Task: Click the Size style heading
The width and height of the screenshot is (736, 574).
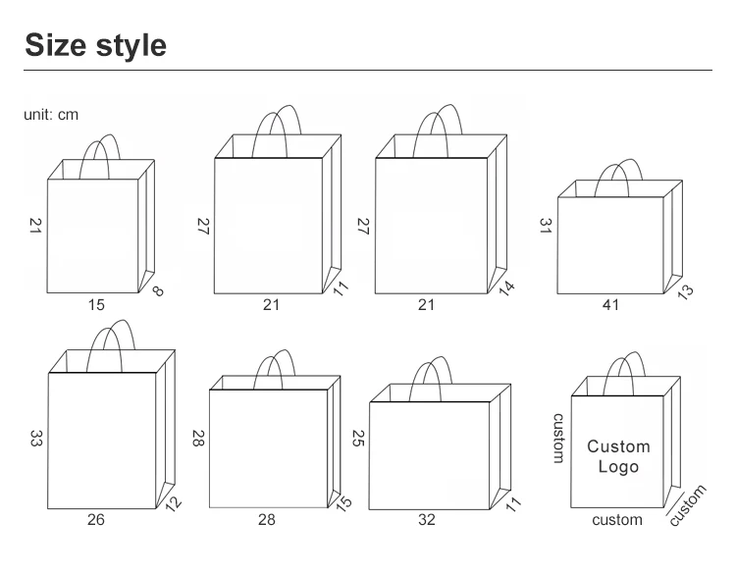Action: click(x=95, y=45)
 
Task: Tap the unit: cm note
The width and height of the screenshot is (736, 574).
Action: click(x=51, y=115)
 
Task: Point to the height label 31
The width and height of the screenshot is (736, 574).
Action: click(x=546, y=224)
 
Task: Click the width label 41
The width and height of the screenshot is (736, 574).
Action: click(x=610, y=305)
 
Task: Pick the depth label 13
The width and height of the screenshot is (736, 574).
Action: click(x=685, y=290)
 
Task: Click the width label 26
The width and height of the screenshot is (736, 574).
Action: click(x=95, y=519)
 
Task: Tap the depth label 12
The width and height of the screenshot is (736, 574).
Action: click(x=175, y=502)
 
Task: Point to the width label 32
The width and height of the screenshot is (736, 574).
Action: click(x=426, y=519)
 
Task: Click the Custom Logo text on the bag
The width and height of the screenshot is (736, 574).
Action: click(x=618, y=456)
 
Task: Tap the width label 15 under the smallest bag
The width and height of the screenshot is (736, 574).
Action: click(x=95, y=305)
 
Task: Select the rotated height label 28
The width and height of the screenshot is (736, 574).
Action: click(x=196, y=438)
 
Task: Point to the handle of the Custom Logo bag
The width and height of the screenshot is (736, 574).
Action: click(x=620, y=373)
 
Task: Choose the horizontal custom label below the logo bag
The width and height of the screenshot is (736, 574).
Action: click(x=617, y=519)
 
